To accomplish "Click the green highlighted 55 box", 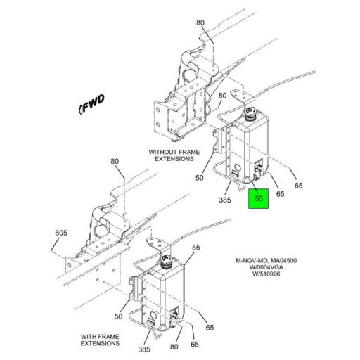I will click(x=258, y=199).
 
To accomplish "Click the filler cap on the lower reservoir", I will click(x=167, y=261).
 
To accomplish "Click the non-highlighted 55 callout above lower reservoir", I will click(x=196, y=247).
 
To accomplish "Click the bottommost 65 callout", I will click(x=195, y=345).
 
